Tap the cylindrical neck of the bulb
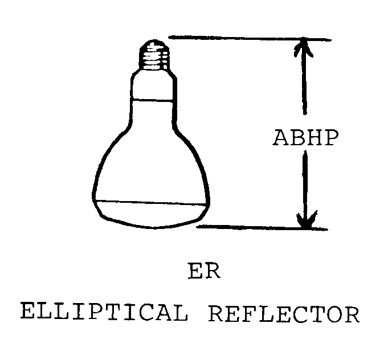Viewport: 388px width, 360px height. pos(152,85)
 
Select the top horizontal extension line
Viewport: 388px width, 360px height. pos(251,39)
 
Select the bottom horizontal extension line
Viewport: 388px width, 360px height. pos(262,228)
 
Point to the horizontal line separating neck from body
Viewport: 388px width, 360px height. pos(152,100)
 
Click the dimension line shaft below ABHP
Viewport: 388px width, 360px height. pos(305,182)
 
